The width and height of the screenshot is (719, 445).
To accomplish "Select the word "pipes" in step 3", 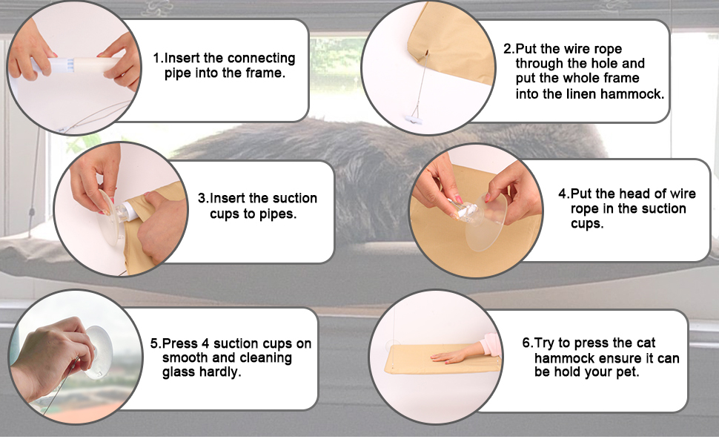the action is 276,214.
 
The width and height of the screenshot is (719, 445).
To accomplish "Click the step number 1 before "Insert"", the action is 157,59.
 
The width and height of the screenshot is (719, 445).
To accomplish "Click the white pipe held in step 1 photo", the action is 76,65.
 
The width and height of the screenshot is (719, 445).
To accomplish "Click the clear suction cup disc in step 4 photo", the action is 486,222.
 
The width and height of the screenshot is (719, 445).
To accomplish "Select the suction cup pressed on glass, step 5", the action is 99,352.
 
